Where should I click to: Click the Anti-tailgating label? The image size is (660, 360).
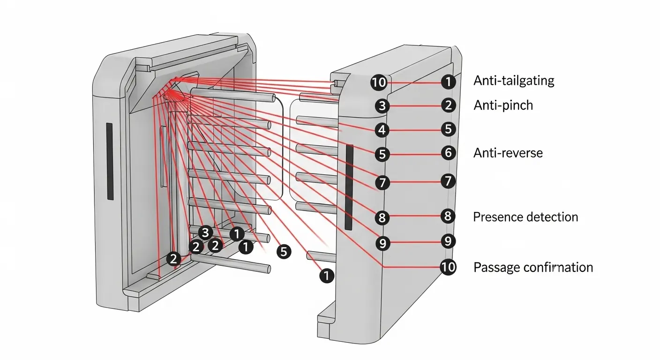tap(514, 81)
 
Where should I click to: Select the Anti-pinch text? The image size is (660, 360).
tap(503, 105)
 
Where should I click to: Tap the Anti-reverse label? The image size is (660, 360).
tap(508, 152)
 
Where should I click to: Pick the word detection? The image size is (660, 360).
tap(551, 217)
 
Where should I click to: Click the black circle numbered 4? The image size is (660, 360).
tap(382, 129)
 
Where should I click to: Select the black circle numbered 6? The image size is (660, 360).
tap(448, 152)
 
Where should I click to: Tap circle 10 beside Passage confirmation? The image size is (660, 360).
tap(448, 267)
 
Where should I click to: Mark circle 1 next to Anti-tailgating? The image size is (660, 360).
tap(448, 82)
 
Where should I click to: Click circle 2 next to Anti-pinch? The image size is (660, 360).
tap(448, 105)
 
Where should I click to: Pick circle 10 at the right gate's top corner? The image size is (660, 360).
tap(379, 83)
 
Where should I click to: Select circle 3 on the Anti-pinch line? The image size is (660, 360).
tap(382, 106)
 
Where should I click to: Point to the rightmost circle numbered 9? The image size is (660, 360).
tap(448, 241)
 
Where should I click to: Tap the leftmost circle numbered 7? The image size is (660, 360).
tap(382, 182)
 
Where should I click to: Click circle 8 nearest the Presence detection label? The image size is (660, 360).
tap(448, 216)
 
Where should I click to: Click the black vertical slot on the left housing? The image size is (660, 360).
tap(110, 161)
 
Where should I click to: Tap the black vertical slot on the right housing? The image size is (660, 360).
tap(349, 187)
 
